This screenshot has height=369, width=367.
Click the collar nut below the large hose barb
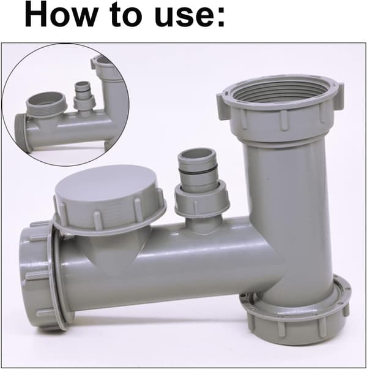tap(201, 198)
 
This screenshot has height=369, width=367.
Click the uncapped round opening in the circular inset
tap(46, 101)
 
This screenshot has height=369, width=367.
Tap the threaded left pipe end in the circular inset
tap(21, 132)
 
